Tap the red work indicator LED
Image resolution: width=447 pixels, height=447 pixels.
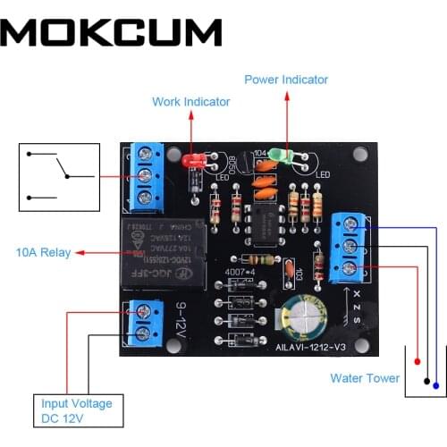pos(191,162)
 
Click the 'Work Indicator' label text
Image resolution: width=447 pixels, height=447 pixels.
pos(190,102)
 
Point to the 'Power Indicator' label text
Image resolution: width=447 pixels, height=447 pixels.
pos(286,80)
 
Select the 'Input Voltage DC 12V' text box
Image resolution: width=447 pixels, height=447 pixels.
pos(77,411)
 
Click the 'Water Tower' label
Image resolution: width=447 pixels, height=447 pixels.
pos(365,378)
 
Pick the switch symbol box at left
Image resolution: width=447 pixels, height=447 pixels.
pos(59,176)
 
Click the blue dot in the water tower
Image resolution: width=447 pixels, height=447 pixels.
pos(435,385)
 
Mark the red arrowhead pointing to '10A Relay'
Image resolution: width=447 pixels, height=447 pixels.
pos(80,253)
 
